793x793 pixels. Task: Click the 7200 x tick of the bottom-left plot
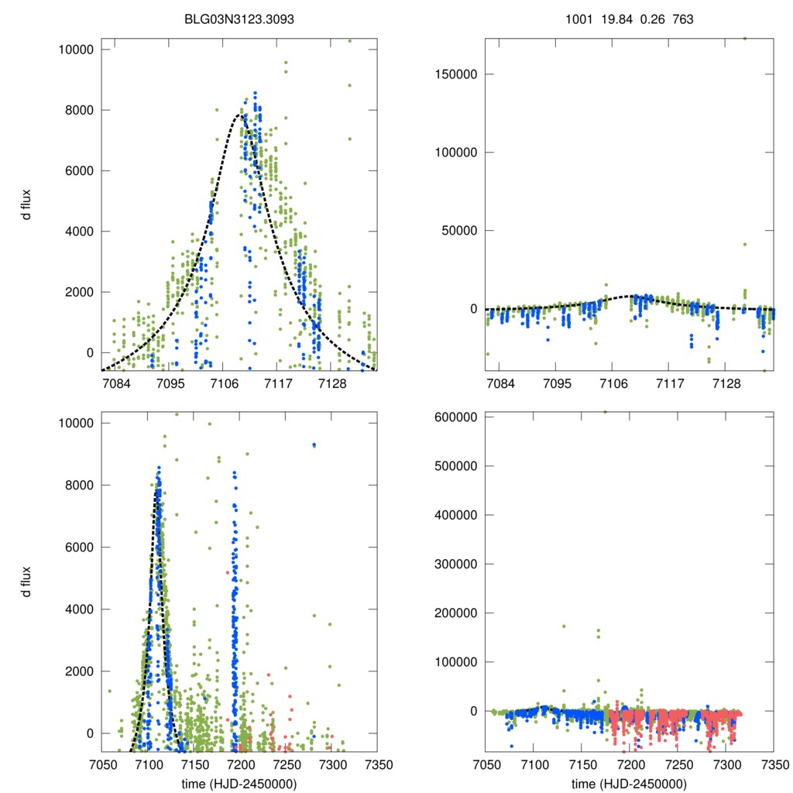click(239, 764)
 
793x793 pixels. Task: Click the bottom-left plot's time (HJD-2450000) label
click(239, 783)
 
